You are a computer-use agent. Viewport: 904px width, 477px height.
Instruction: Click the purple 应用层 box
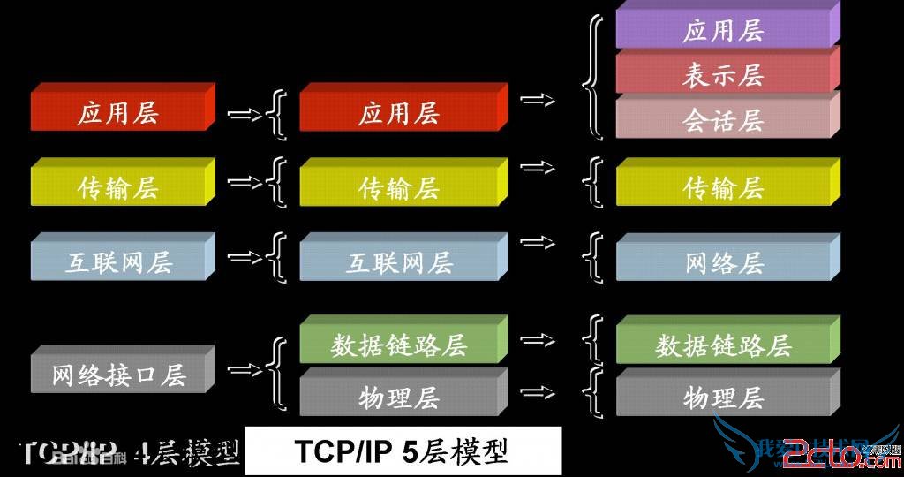coord(723,30)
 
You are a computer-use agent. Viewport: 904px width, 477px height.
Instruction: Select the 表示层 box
coord(723,75)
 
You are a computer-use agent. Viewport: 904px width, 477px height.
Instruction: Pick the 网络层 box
coord(723,262)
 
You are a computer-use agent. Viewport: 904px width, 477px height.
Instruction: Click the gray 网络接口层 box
coord(118,375)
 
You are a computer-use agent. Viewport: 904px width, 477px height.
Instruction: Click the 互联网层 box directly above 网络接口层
coord(118,262)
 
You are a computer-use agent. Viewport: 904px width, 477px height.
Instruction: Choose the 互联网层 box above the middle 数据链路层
coord(399,262)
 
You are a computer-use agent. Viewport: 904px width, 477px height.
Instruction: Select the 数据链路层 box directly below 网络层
coord(723,344)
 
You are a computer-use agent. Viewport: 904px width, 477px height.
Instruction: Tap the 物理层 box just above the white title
coord(399,397)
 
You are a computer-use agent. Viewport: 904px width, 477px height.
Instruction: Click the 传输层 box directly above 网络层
coord(723,187)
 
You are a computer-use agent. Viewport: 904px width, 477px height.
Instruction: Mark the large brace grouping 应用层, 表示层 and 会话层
coord(593,75)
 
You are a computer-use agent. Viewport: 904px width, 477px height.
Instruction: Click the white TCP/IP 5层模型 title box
coord(403,451)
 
